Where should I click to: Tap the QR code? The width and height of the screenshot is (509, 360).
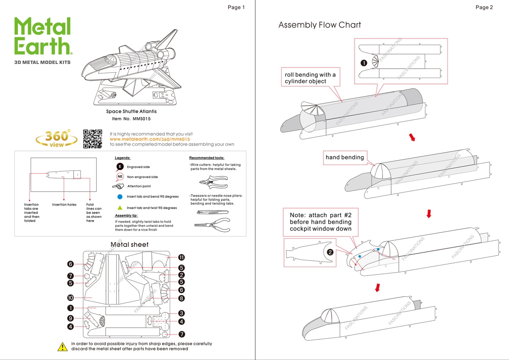(93, 139)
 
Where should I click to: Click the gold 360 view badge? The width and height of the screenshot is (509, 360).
(57, 138)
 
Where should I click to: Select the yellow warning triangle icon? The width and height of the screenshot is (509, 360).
(62, 346)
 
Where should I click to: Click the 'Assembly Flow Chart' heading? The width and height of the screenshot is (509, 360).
(319, 25)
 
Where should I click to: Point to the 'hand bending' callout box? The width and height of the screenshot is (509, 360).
(344, 157)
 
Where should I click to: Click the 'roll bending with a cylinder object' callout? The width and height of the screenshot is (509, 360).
(310, 78)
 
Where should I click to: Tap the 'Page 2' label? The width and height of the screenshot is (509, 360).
(484, 7)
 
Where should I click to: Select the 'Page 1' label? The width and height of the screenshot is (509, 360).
(236, 7)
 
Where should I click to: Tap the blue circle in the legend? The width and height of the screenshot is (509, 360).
(120, 197)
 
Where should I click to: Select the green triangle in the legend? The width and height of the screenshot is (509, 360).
(120, 208)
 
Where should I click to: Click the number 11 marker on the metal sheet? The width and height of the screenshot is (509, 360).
(181, 257)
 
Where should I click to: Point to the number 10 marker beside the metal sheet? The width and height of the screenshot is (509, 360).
(70, 298)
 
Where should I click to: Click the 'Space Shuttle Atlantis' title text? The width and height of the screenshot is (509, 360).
(131, 112)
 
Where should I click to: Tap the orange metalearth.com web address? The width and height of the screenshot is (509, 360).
(149, 139)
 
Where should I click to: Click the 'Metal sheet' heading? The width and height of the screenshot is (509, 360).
(129, 245)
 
